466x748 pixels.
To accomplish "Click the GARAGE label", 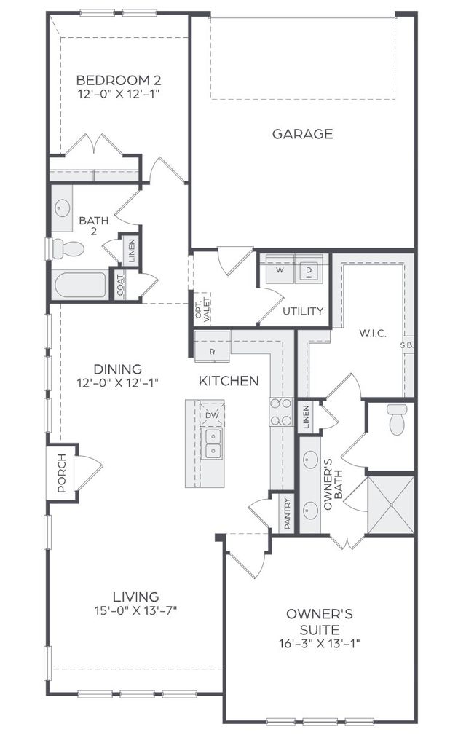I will tap(303, 134).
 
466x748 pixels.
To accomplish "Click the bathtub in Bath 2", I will tap(79, 285).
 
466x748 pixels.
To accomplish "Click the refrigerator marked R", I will tap(212, 345).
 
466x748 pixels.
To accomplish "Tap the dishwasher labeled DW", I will tap(212, 415).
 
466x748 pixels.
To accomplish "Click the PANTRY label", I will tap(287, 513).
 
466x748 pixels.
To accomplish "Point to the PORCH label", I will tap(62, 473).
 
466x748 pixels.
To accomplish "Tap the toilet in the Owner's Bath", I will tap(397, 420).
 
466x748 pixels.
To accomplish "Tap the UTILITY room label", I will tap(303, 311).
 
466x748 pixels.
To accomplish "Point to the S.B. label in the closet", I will tap(407, 345).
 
